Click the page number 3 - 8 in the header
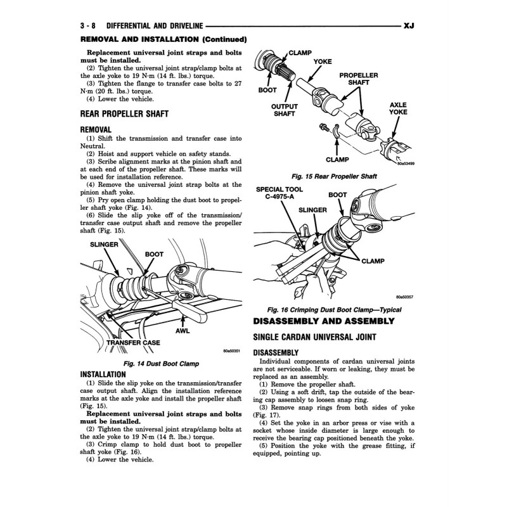pos(88,26)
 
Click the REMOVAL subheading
pos(96,129)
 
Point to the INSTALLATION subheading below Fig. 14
pos(103,374)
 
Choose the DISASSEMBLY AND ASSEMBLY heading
pos(323,321)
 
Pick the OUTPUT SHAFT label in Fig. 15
pos(285,110)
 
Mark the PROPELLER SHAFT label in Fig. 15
pos(359,79)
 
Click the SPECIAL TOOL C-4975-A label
pos(276,193)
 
